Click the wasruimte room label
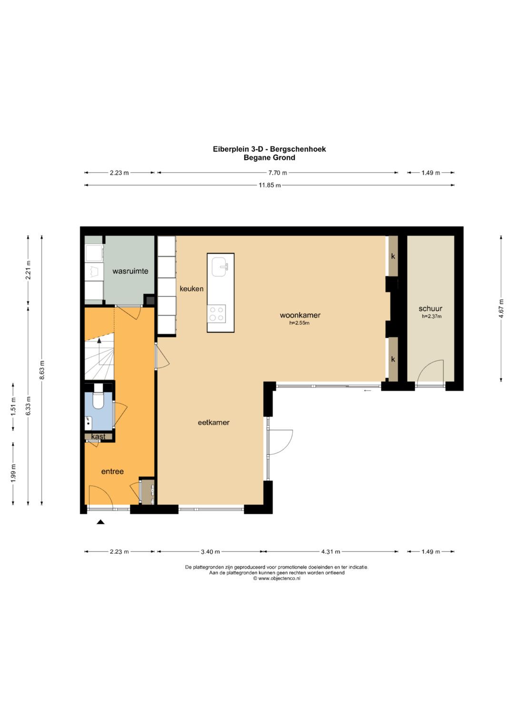(130, 271)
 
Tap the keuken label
(191, 289)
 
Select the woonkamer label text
(300, 315)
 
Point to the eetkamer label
(214, 422)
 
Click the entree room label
(112, 471)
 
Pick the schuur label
(430, 309)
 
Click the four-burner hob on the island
(217, 313)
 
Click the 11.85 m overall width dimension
(269, 185)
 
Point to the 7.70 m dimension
(277, 173)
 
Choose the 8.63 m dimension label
(42, 369)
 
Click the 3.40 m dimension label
(210, 551)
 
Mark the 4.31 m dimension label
(331, 551)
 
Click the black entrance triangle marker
(100, 522)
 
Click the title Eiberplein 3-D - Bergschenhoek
(269, 149)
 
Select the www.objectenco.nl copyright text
(277, 578)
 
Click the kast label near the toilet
(98, 437)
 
